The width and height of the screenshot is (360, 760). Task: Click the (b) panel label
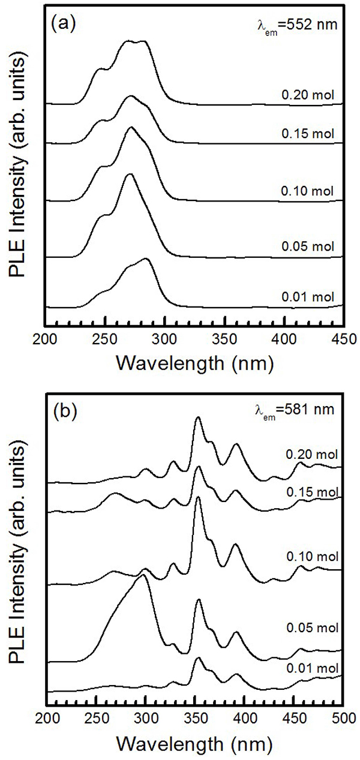coord(65,413)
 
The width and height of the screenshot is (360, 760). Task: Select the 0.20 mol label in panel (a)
coord(307,94)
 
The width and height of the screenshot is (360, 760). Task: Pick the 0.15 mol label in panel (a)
coord(307,134)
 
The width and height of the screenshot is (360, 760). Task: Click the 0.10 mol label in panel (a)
coord(307,192)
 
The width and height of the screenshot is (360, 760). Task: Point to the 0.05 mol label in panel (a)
coord(307,247)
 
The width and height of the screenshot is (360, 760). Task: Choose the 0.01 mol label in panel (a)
coord(307,296)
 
